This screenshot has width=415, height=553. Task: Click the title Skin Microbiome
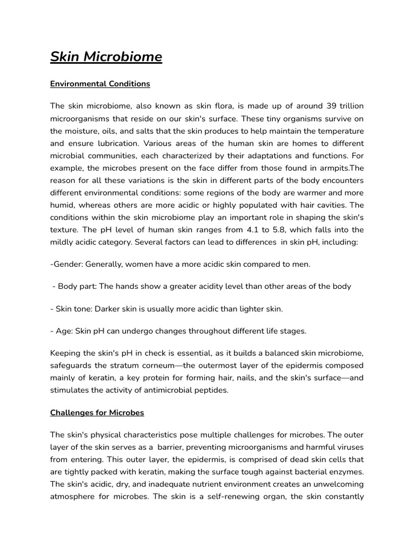pos(106,57)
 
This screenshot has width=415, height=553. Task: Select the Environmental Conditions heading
pos(100,84)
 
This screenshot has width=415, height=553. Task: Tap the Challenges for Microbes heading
pos(97,413)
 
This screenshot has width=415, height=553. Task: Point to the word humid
pos(62,206)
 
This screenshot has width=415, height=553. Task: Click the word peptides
pos(211,390)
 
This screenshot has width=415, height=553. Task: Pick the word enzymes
pos(346,471)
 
